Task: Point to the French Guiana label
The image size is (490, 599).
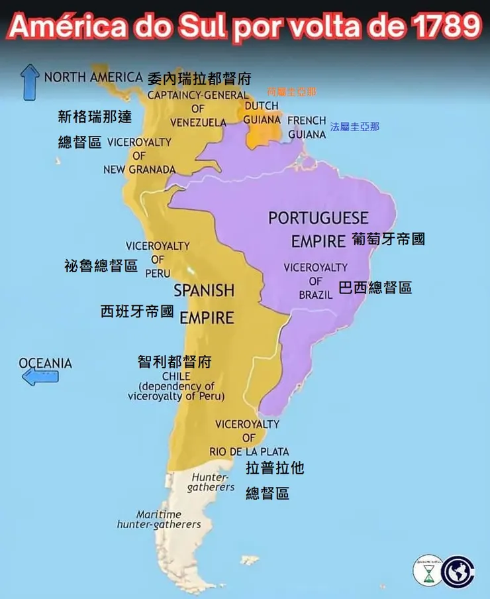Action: [x=307, y=127]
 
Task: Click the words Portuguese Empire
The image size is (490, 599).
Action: [x=318, y=229]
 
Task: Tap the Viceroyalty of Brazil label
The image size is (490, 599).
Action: [x=315, y=281]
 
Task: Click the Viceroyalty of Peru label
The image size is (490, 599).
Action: [x=158, y=259]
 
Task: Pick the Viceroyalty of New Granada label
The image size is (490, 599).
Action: [x=139, y=156]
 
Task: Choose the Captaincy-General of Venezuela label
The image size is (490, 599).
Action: [x=197, y=109]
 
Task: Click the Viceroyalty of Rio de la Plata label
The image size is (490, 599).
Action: [x=248, y=437]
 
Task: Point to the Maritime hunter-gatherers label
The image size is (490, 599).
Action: [x=159, y=519]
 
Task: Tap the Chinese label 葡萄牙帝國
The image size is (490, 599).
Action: [x=389, y=239]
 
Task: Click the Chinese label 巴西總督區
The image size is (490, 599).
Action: [x=375, y=288]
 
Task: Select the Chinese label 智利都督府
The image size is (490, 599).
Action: [x=175, y=362]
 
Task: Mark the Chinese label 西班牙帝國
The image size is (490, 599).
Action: [x=137, y=311]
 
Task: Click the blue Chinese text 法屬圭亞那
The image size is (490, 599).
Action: [x=355, y=126]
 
